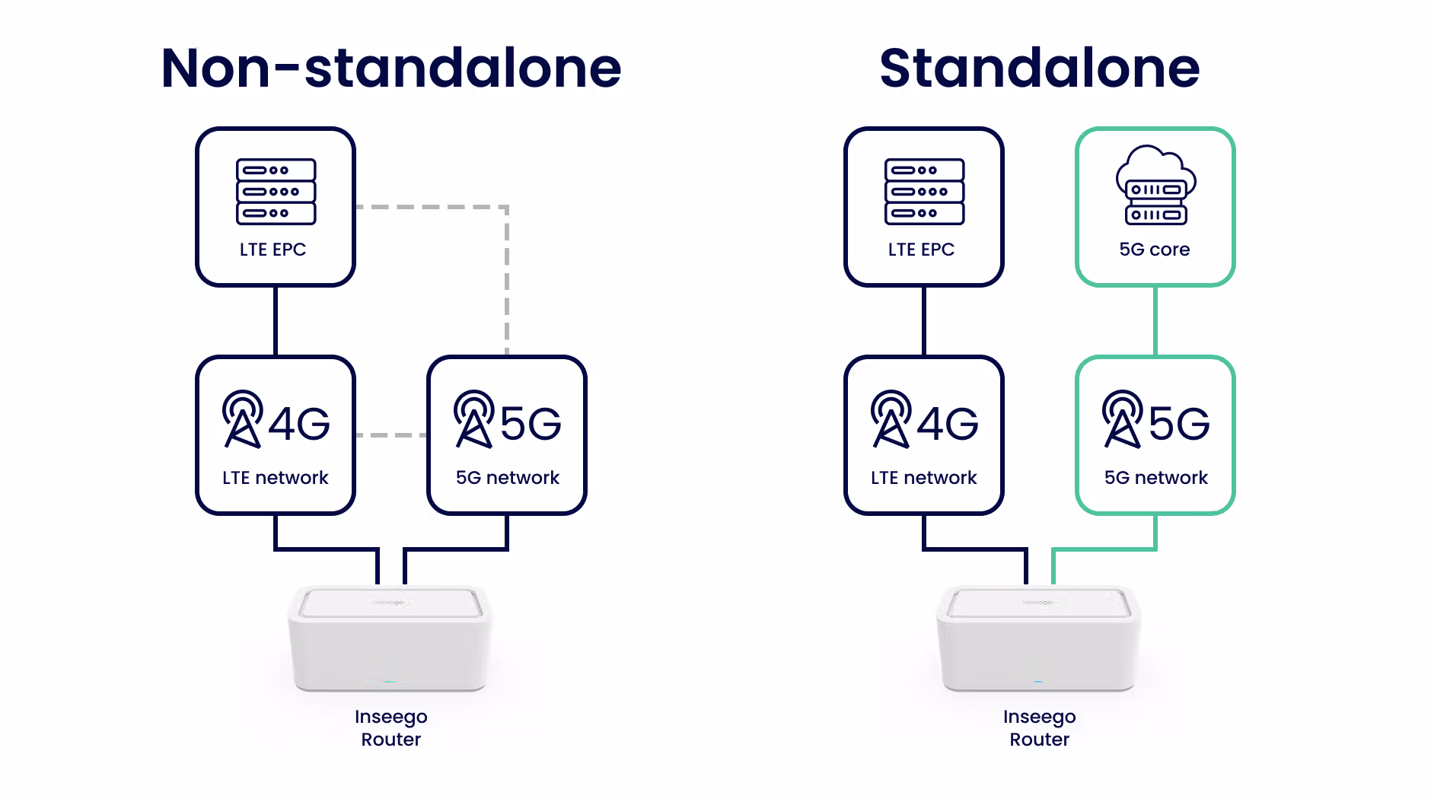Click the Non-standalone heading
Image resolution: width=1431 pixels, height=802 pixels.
click(391, 68)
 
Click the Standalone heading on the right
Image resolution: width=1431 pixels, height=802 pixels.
click(1040, 68)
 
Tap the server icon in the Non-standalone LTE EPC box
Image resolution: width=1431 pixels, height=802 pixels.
click(276, 192)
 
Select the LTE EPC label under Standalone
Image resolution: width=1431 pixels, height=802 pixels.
click(921, 250)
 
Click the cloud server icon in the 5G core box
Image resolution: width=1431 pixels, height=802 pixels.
click(1155, 185)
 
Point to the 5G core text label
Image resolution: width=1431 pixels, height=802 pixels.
click(1155, 250)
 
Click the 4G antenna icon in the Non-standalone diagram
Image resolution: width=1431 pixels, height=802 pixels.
click(243, 419)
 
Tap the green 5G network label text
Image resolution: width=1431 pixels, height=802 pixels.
click(1156, 478)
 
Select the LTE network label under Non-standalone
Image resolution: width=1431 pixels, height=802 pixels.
click(276, 478)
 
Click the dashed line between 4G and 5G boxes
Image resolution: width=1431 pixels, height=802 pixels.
click(391, 435)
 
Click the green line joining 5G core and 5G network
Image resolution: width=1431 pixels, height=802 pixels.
click(1155, 321)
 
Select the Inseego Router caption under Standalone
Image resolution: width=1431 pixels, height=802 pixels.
click(1040, 728)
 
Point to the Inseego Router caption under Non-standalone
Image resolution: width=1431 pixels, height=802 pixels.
click(391, 728)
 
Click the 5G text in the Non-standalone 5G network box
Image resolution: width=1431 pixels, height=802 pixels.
click(531, 424)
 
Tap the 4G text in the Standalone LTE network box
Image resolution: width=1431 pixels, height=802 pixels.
click(948, 424)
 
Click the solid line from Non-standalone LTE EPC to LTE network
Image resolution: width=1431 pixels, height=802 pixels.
click(276, 321)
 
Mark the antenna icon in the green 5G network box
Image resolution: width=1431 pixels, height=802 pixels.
click(1123, 419)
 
